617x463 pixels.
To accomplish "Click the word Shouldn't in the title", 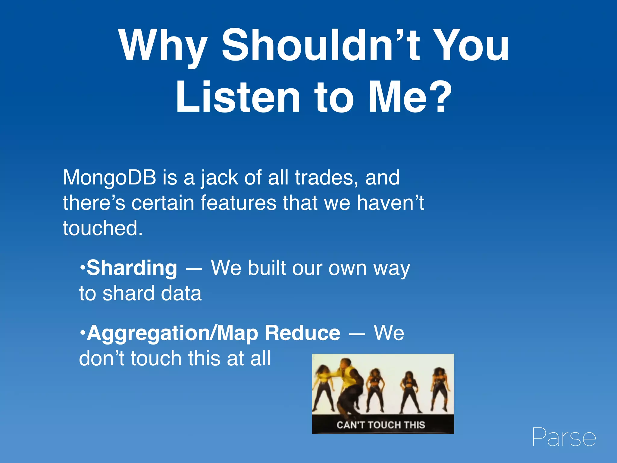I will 321,45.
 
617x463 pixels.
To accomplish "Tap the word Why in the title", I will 163,45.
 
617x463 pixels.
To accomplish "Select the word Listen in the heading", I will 238,97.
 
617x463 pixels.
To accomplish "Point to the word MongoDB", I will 109,178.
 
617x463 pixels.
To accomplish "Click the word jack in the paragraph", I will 220,178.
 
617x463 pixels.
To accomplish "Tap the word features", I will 238,203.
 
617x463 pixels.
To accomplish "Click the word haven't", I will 390,203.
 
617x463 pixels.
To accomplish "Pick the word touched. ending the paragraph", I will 102,228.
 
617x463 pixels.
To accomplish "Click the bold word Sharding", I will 132,268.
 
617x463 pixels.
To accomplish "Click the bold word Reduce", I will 302,333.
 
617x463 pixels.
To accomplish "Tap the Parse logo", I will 564,437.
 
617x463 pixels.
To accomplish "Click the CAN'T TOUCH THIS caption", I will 381,425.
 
